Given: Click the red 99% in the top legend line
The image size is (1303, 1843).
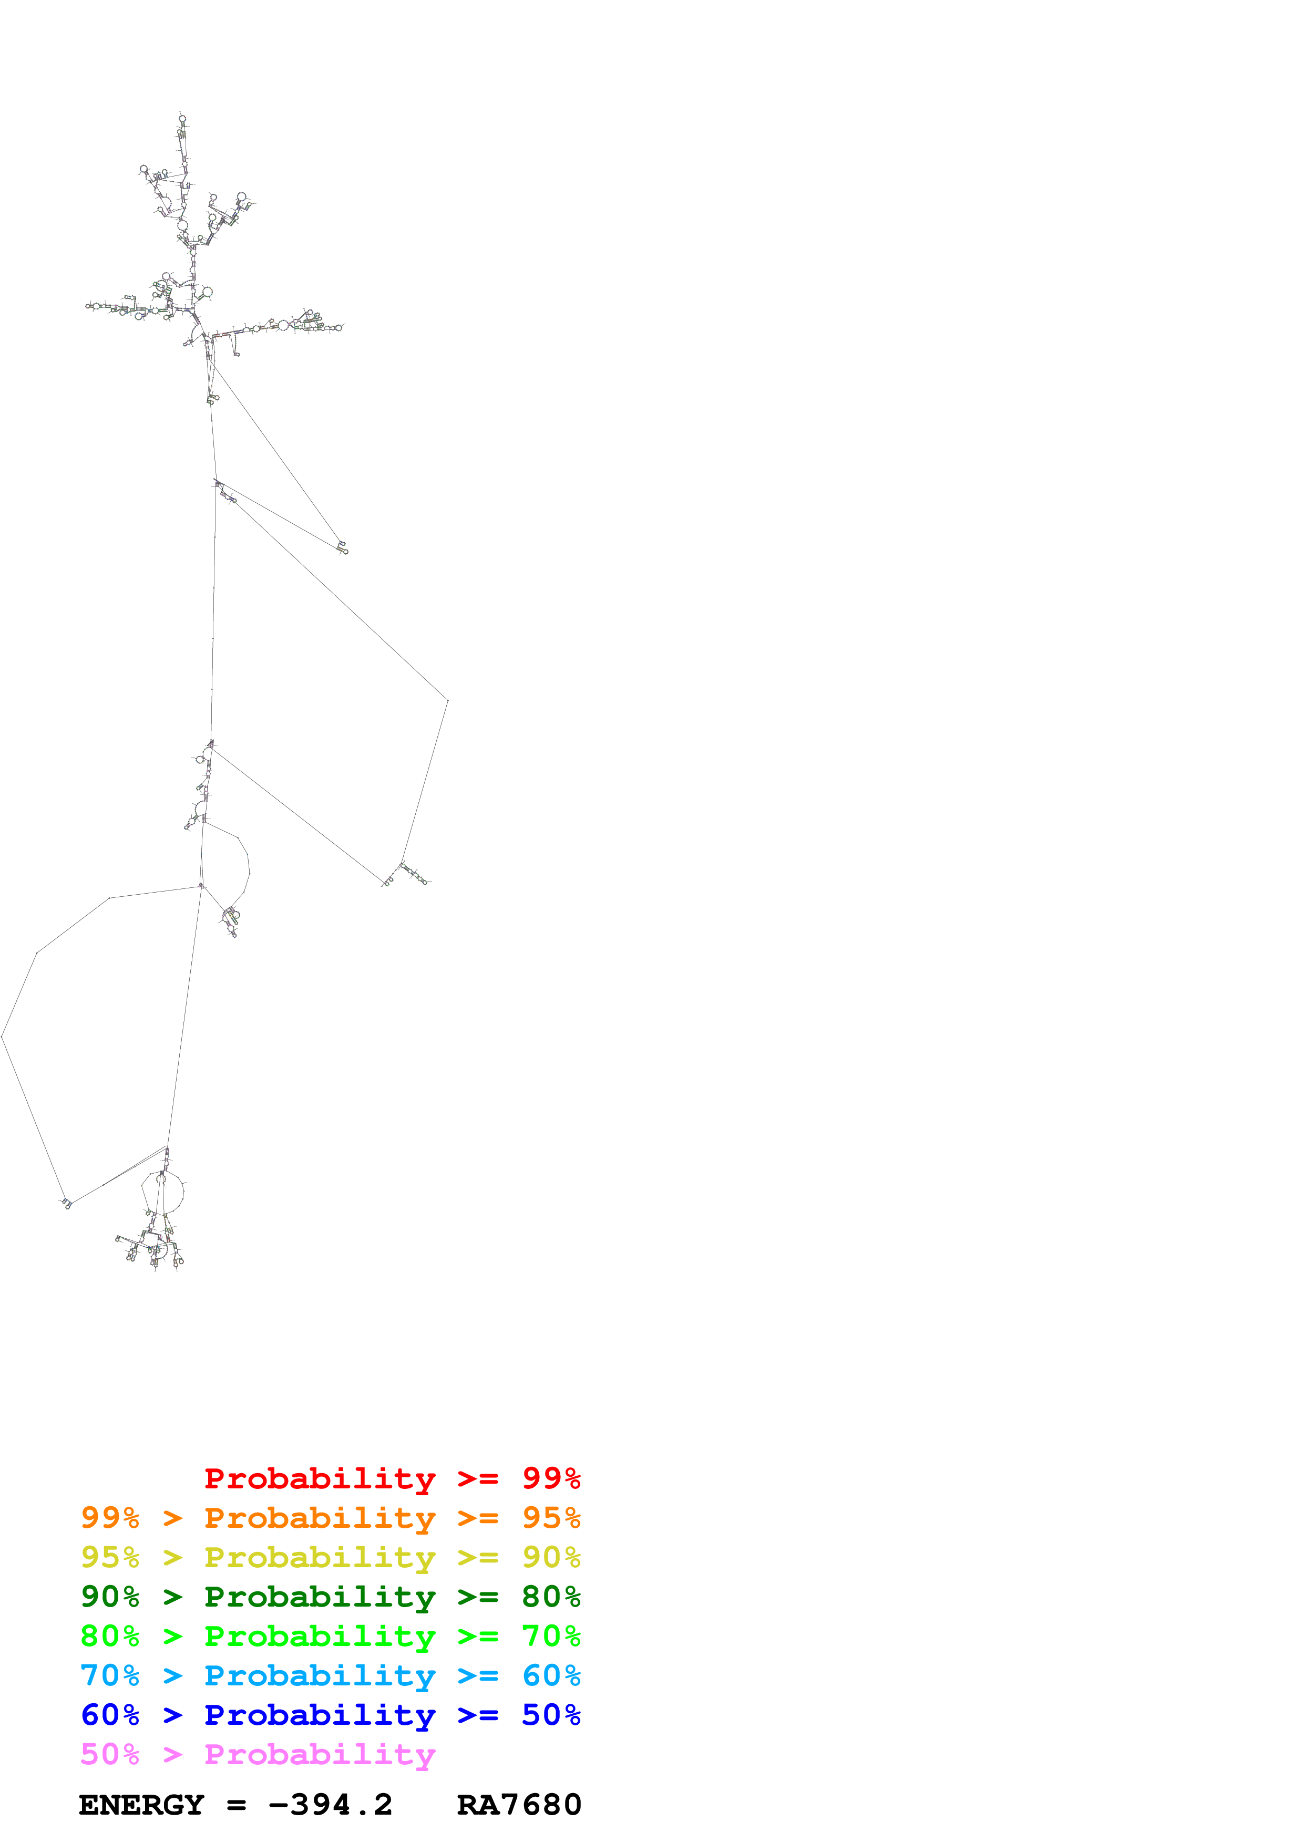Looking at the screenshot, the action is [x=551, y=1478].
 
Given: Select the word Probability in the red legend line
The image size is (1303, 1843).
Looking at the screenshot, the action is [x=320, y=1478].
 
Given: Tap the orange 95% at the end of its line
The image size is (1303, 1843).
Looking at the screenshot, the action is [x=551, y=1518].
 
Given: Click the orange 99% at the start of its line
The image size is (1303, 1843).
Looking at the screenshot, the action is [x=110, y=1518].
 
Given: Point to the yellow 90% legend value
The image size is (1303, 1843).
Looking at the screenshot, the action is [x=551, y=1557].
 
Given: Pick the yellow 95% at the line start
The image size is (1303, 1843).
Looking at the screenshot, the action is [x=110, y=1557].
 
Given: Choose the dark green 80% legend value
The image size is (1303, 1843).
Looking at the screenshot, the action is [x=551, y=1597].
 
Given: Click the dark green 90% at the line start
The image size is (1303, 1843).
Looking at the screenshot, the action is [x=110, y=1597].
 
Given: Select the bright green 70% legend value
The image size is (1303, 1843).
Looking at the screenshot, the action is [x=551, y=1636].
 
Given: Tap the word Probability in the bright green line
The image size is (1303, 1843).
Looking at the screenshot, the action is [x=320, y=1636].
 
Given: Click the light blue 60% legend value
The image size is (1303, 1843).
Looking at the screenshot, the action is [x=551, y=1675].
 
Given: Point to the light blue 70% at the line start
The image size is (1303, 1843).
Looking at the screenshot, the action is [x=110, y=1675].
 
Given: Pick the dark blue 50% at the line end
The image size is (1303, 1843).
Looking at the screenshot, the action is [x=551, y=1715].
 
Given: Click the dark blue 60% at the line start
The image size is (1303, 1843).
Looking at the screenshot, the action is [x=110, y=1715].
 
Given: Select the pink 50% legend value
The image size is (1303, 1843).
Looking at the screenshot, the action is [x=110, y=1754].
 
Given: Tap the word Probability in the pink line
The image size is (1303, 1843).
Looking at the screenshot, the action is [x=320, y=1754].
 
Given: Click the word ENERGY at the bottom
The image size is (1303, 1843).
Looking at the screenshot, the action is [x=141, y=1805].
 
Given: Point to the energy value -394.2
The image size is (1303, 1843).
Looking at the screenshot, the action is [x=330, y=1805].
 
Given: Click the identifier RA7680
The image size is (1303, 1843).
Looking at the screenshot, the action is [x=519, y=1805].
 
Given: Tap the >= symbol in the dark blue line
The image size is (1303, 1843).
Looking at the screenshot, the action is [x=478, y=1715].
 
